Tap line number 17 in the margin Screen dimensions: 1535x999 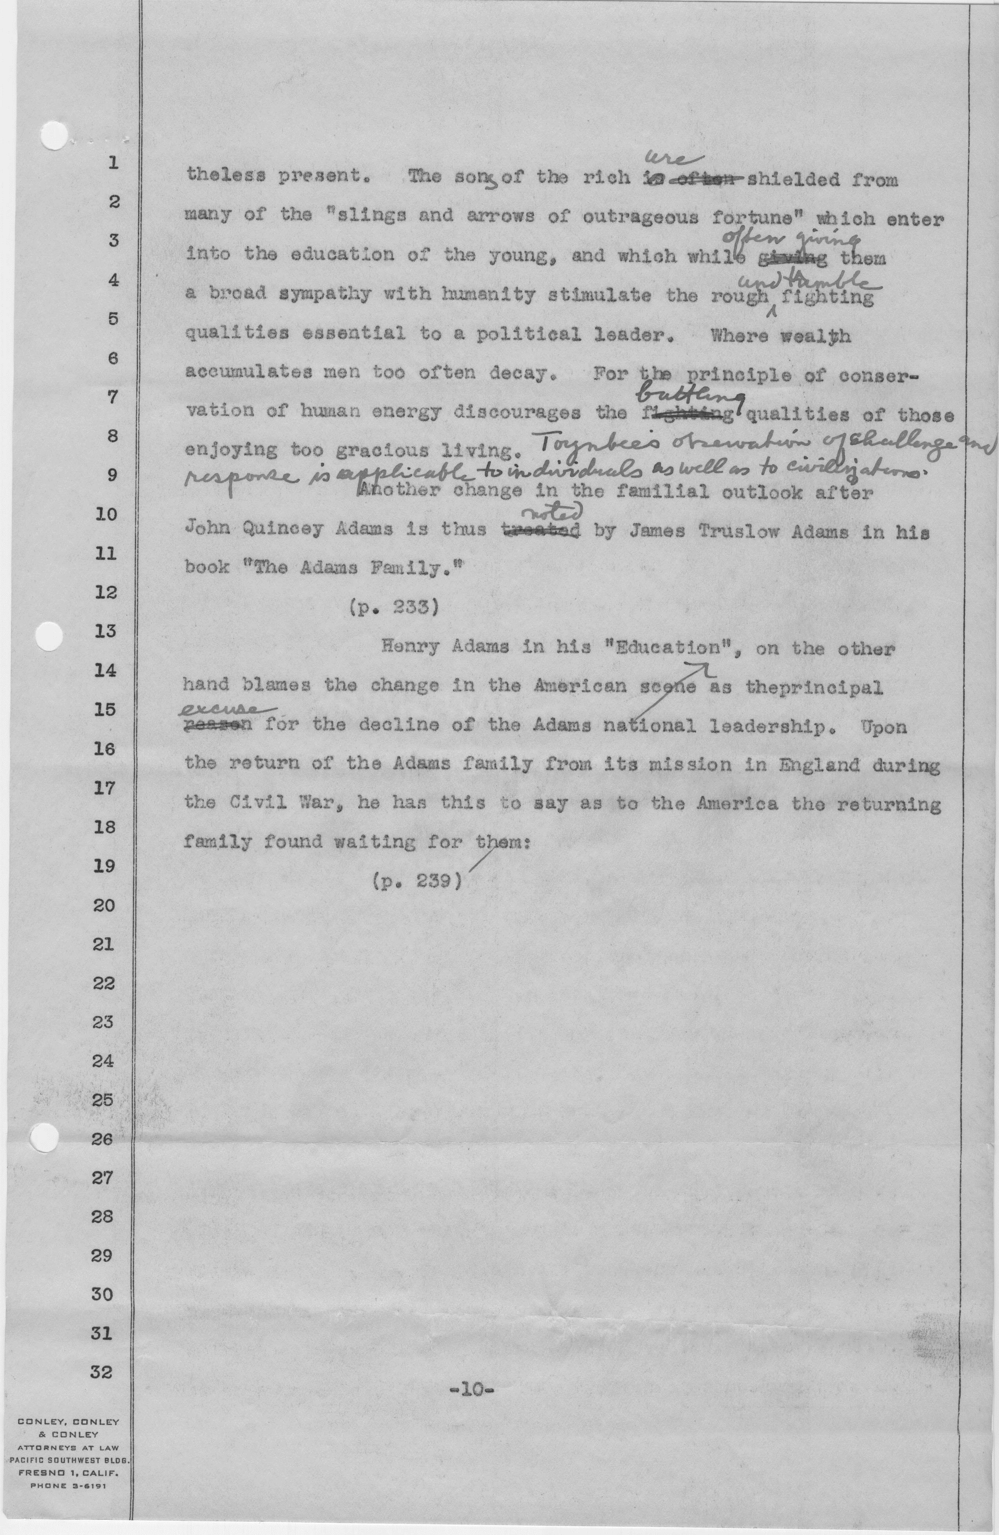pyautogui.click(x=103, y=788)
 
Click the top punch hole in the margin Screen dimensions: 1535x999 pyautogui.click(x=54, y=136)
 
